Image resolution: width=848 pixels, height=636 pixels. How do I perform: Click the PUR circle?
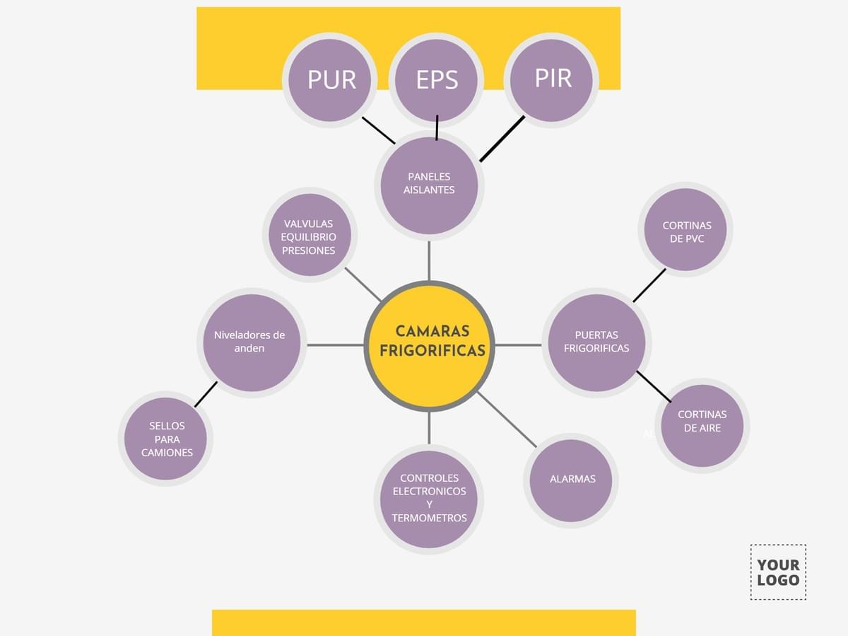(330, 80)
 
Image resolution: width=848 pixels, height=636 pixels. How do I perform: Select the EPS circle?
(436, 80)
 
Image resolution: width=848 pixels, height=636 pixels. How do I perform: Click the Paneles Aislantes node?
(429, 185)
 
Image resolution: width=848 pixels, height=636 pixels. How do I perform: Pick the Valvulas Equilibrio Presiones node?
(309, 236)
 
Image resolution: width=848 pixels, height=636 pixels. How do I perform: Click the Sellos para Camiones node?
(166, 438)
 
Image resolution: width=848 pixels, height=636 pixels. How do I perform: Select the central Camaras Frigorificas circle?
(429, 345)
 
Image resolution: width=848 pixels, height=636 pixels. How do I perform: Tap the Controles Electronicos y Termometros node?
(429, 499)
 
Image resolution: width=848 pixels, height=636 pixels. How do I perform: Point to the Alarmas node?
(571, 480)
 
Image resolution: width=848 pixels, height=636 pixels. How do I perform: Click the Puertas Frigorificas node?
(596, 343)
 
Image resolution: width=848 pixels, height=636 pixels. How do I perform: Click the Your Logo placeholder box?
(778, 572)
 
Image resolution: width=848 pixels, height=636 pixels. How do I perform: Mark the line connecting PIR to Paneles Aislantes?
(502, 139)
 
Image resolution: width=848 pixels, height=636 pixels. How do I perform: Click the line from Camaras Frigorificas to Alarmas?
(507, 419)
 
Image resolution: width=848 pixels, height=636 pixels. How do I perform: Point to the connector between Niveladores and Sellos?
(206, 394)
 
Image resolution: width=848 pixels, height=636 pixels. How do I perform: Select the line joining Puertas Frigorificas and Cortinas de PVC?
(649, 285)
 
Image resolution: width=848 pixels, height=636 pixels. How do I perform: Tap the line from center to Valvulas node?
(363, 284)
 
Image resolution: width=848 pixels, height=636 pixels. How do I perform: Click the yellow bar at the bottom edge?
(424, 623)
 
